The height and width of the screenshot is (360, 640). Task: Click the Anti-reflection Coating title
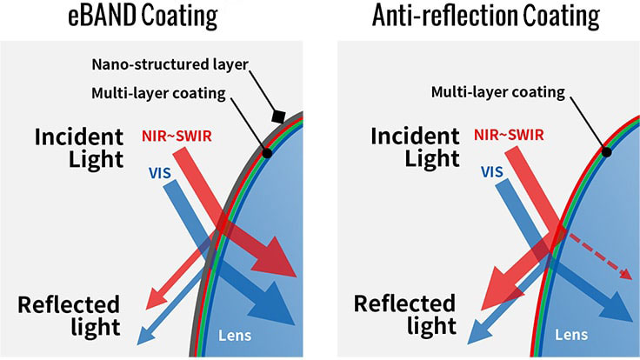click(x=484, y=17)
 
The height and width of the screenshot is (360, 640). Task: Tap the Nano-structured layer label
click(x=170, y=66)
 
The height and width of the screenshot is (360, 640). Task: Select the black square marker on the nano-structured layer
click(x=278, y=116)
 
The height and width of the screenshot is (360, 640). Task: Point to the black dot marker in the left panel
click(x=267, y=153)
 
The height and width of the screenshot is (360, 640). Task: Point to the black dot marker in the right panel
click(x=607, y=152)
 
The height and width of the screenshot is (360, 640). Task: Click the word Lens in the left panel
click(x=237, y=334)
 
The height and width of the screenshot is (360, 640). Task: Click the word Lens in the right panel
click(x=570, y=334)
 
